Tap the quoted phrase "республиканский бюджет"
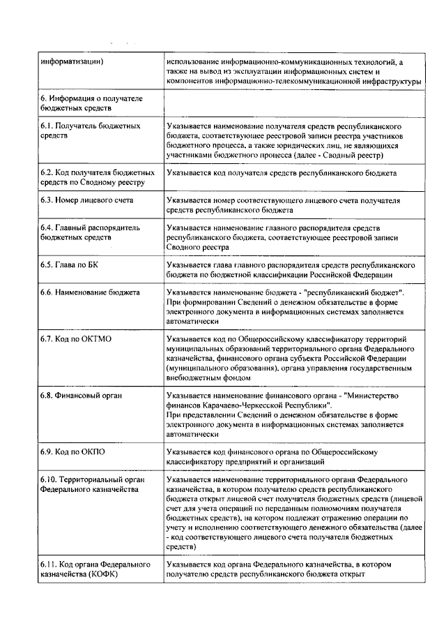tap(355, 291)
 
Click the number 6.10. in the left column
tap(48, 480)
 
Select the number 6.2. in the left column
tap(46, 172)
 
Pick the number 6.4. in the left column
tap(46, 227)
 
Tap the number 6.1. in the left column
tap(46, 126)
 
